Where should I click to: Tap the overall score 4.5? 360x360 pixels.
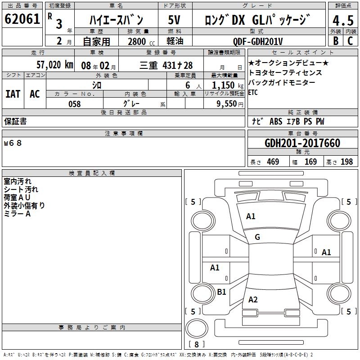[342, 21]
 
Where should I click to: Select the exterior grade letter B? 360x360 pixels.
[335, 40]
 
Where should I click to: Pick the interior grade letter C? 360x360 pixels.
[351, 40]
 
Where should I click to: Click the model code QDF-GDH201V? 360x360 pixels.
[258, 41]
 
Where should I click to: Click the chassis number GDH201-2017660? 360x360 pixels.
[302, 143]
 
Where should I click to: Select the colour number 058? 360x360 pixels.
[74, 104]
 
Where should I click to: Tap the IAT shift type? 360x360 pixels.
[13, 94]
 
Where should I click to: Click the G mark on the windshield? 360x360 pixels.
[257, 237]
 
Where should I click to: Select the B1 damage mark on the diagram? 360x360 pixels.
[221, 292]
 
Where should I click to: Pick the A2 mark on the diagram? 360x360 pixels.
[253, 300]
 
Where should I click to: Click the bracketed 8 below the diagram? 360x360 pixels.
[196, 345]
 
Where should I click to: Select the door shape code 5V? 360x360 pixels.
[175, 20]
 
